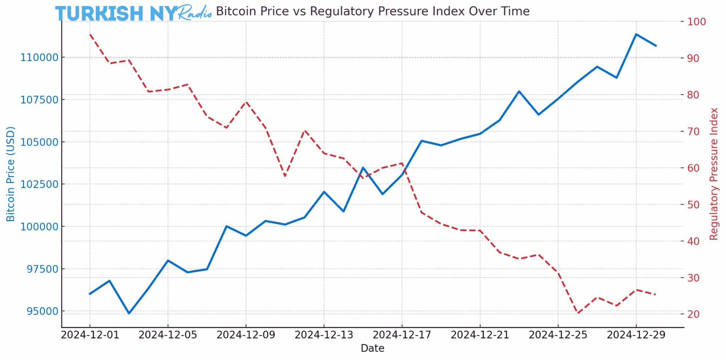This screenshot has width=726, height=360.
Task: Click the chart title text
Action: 373,11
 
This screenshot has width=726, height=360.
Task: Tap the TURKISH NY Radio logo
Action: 133,13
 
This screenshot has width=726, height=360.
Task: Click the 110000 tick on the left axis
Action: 39,57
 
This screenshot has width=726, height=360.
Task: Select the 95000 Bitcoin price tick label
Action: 42,311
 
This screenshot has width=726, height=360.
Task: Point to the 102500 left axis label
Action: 39,184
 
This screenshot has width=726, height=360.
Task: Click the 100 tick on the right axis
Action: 697,22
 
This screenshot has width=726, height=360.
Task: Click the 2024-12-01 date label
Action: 90,335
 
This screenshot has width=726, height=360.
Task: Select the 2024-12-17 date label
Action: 402,335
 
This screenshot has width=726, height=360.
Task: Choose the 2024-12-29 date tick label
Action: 636,335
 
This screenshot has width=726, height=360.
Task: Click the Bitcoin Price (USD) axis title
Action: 11,174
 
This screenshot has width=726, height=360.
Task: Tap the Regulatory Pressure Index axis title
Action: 714,174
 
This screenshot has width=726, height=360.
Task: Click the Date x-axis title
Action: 372,348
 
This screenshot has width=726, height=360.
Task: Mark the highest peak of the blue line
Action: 636,34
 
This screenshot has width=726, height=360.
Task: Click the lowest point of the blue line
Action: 129,313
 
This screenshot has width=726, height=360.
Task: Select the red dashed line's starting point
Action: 90,34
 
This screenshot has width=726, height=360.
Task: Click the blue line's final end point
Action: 656,46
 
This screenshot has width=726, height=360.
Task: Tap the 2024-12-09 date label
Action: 246,335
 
